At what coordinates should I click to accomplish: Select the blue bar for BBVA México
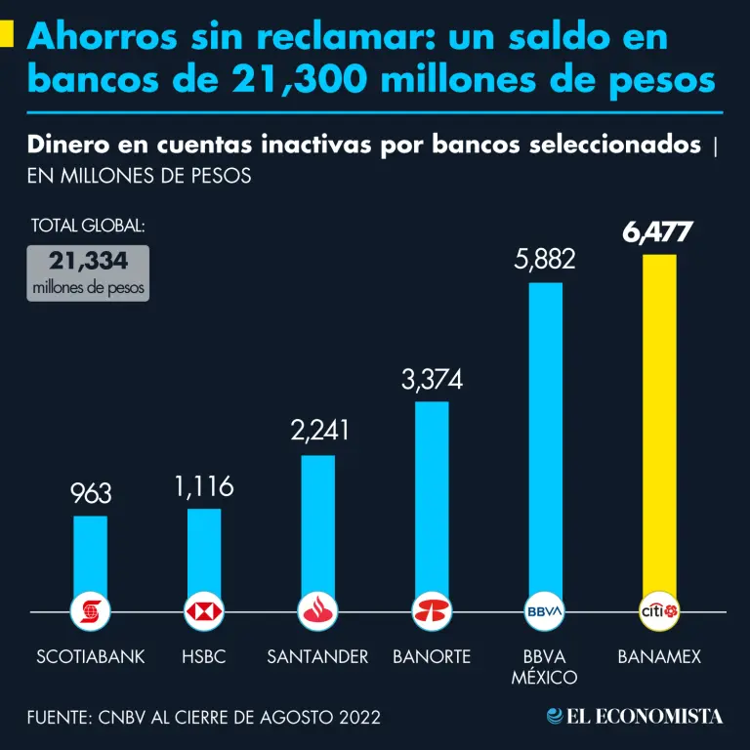(x=545, y=439)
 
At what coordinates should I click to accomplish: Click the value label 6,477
(x=657, y=233)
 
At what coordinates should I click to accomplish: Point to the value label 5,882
(x=545, y=260)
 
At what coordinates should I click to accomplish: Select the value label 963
(x=91, y=493)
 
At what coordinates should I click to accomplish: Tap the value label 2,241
(x=319, y=431)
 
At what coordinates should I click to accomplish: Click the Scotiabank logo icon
(x=91, y=612)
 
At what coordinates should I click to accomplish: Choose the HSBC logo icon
(x=204, y=612)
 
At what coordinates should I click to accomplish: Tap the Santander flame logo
(x=318, y=612)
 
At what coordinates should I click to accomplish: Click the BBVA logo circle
(x=545, y=612)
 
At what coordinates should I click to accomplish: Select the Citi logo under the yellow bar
(x=659, y=612)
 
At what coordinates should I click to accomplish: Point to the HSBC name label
(x=203, y=657)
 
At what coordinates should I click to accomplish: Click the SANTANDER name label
(x=317, y=657)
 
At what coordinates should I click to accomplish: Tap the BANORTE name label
(x=432, y=657)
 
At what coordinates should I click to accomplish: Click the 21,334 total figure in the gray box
(x=88, y=263)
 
